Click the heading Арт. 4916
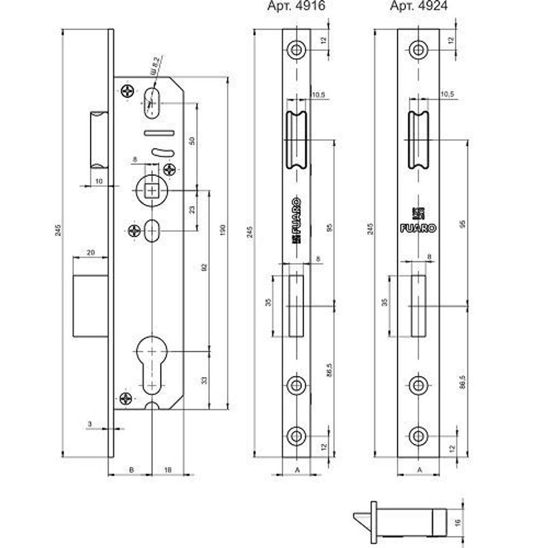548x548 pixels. tap(296, 7)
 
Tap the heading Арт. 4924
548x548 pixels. tap(418, 7)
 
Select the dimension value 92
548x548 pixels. tap(203, 267)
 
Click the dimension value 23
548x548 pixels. tap(191, 210)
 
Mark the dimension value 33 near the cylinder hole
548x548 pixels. tap(203, 379)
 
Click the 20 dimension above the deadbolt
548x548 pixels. tap(90, 253)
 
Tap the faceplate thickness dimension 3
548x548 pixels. tap(89, 424)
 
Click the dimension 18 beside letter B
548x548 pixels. tap(168, 470)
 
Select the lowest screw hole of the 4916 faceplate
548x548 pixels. tap(296, 436)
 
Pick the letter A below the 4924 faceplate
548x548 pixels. tap(419, 470)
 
